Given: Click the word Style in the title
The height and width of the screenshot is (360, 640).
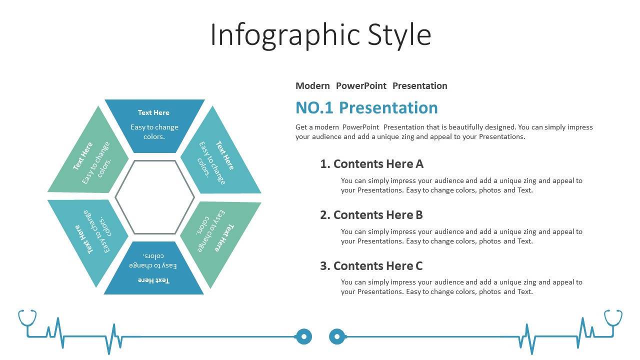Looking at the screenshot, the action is point(399,35).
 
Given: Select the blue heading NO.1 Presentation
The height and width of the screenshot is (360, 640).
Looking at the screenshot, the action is point(366,107).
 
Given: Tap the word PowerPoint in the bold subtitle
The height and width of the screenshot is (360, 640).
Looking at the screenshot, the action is point(361,85).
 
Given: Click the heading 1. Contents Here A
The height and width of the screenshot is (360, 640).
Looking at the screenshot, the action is point(371,164).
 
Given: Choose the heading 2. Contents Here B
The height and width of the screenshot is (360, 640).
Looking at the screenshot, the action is point(371,215).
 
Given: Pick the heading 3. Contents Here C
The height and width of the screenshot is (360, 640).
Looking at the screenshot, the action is point(371,266).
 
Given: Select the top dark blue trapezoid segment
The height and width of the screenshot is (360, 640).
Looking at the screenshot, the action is point(154,126).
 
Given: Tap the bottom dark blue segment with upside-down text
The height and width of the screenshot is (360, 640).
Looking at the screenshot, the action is point(153,268).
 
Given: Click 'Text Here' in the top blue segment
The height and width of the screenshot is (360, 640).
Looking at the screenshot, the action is point(153,112).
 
